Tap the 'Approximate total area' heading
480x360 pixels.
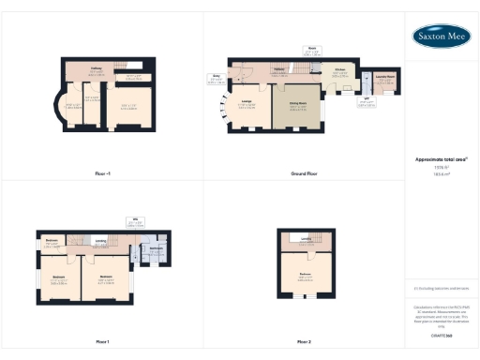[x=442, y=160]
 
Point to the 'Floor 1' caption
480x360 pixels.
[x=102, y=341]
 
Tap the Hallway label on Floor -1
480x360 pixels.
[x=96, y=67]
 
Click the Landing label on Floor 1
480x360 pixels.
[x=100, y=239]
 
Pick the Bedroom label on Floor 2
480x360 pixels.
[x=306, y=275]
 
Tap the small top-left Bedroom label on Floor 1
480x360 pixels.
[x=52, y=241]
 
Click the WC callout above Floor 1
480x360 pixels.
[x=135, y=221]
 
